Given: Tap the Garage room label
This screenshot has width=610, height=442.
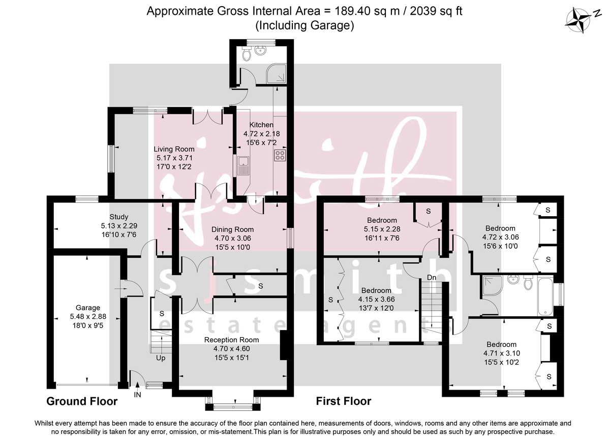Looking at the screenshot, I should (88, 308).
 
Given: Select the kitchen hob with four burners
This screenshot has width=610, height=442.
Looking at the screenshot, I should (280, 155).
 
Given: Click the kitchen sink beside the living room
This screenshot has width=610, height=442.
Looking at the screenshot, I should (242, 165).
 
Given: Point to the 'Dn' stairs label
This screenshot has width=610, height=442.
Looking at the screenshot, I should (431, 278).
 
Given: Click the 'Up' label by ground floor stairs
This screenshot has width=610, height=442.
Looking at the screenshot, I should (160, 358).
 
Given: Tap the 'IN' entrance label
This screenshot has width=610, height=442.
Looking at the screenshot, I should (137, 394).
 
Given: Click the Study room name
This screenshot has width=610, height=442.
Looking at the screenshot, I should (118, 217).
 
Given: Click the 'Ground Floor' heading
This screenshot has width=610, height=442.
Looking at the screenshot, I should (82, 401).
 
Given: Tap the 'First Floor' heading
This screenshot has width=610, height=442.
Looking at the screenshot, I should (344, 401).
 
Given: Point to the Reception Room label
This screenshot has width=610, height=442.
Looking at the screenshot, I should (231, 340).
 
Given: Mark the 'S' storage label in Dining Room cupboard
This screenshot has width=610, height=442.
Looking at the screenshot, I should (261, 286).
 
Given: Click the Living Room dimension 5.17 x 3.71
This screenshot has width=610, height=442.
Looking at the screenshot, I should (174, 158).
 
